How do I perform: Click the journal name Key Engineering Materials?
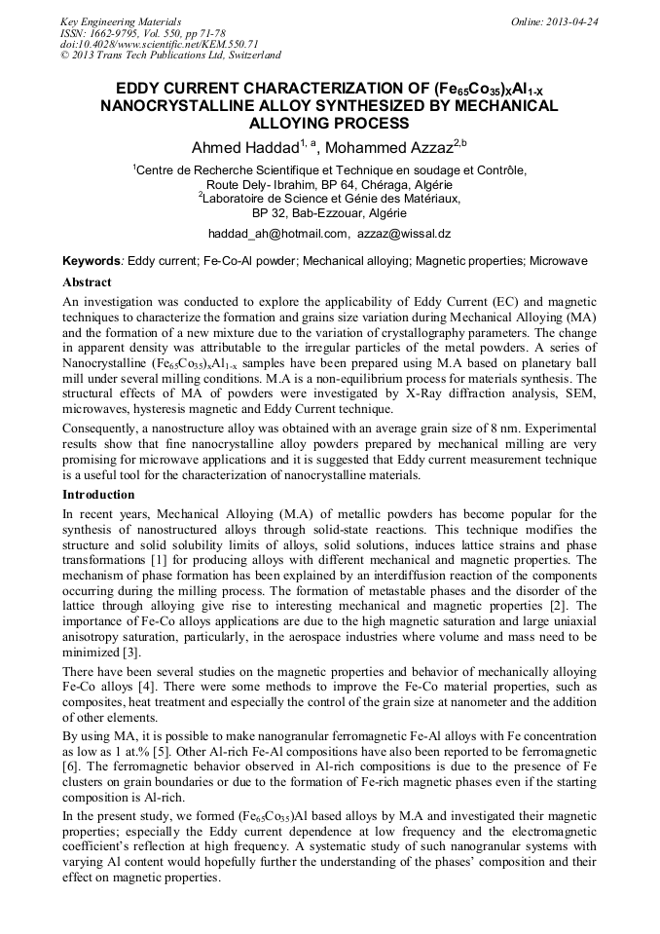click(121, 20)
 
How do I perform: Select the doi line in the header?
click(159, 44)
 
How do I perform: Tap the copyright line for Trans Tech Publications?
click(170, 56)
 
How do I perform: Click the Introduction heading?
click(98, 495)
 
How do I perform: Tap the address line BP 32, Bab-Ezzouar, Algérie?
click(329, 211)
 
